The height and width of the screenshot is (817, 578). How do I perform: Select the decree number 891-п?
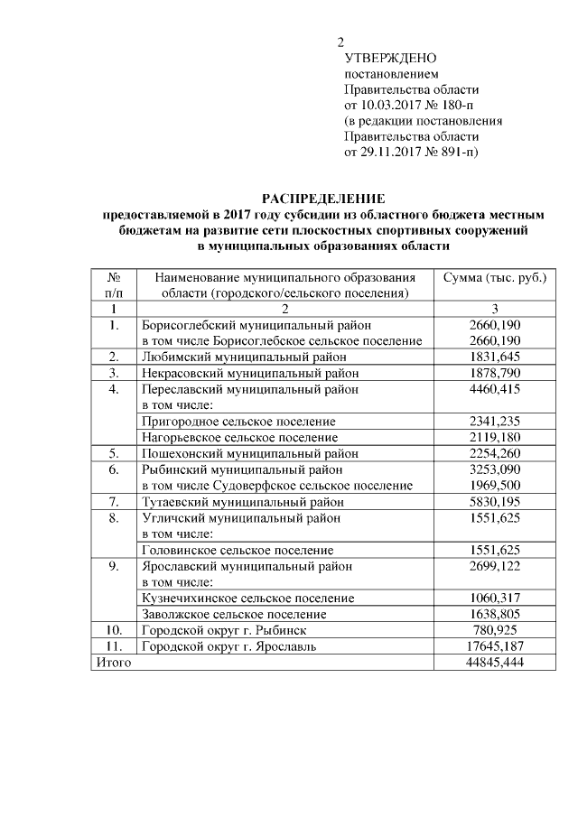click(x=454, y=152)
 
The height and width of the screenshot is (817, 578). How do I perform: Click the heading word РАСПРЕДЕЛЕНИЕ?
click(x=323, y=199)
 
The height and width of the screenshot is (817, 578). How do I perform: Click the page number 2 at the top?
click(x=340, y=42)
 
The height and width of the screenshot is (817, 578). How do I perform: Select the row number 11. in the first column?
click(x=114, y=646)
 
